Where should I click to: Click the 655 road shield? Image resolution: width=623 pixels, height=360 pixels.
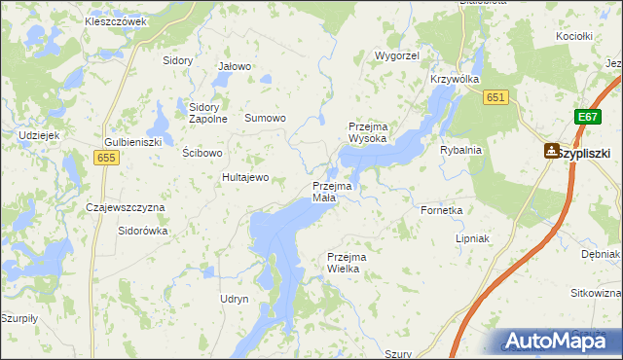click(x=106, y=157)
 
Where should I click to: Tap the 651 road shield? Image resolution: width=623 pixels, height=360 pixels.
click(x=496, y=96)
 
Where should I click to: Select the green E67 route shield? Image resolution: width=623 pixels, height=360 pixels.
click(x=585, y=117)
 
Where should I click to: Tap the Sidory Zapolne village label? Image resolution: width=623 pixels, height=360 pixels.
click(x=208, y=113)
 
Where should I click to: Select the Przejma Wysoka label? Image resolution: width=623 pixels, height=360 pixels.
click(x=368, y=132)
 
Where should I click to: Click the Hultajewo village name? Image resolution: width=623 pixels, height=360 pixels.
click(x=245, y=177)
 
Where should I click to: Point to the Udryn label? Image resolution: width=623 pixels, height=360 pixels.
click(x=235, y=299)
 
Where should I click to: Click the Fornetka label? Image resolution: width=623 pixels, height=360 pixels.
click(x=440, y=209)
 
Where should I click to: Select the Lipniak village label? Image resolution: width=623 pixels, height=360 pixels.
click(x=472, y=237)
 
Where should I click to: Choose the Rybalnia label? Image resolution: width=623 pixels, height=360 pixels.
click(x=460, y=150)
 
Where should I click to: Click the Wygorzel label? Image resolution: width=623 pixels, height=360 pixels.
click(x=396, y=57)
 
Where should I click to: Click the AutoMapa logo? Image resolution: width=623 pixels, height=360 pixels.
click(x=556, y=341)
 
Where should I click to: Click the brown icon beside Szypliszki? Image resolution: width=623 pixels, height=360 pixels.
click(x=552, y=151)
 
